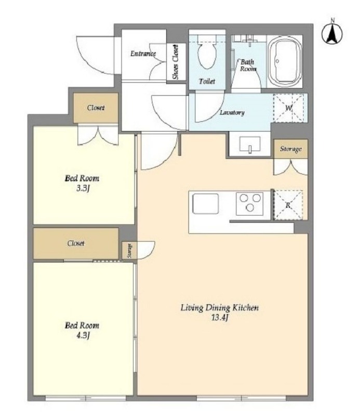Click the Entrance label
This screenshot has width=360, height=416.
pyautogui.click(x=143, y=54)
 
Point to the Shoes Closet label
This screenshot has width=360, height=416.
pyautogui.click(x=175, y=62)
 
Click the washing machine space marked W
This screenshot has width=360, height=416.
pyautogui.click(x=288, y=108)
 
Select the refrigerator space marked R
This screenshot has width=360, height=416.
pyautogui.click(x=288, y=205)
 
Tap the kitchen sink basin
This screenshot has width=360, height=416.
pyautogui.click(x=205, y=204)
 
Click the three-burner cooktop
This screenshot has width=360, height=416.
pyautogui.click(x=249, y=203)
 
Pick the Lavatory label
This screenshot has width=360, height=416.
pyautogui.click(x=232, y=112)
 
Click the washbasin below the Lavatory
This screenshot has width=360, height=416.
pyautogui.click(x=250, y=144)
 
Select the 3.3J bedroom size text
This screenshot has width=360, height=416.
pyautogui.click(x=83, y=189)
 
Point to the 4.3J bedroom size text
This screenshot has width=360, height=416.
pyautogui.click(x=83, y=335)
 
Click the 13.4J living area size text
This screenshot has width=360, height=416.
pyautogui.click(x=220, y=318)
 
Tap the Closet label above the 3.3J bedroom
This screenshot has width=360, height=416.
pyautogui.click(x=96, y=108)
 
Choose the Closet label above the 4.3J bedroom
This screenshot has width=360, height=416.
pyautogui.click(x=76, y=243)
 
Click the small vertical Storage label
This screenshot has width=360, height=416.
pyautogui.click(x=130, y=251)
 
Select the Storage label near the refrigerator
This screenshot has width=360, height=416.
pyautogui.click(x=291, y=149)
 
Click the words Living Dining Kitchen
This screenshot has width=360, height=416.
pyautogui.click(x=220, y=308)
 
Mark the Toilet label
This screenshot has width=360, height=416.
pyautogui.click(x=207, y=81)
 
